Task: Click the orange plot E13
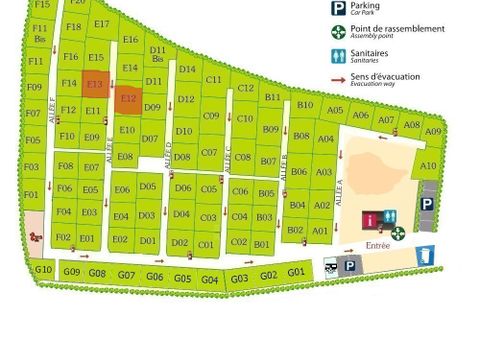click(96, 84)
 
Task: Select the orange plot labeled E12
click(128, 98)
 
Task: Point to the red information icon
click(371, 218)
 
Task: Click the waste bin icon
click(427, 256)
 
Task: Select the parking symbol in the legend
click(338, 9)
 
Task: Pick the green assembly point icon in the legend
click(338, 32)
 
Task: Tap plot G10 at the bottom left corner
click(44, 269)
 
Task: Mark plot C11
click(213, 79)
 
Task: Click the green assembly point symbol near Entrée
click(398, 232)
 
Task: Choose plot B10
click(306, 105)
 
